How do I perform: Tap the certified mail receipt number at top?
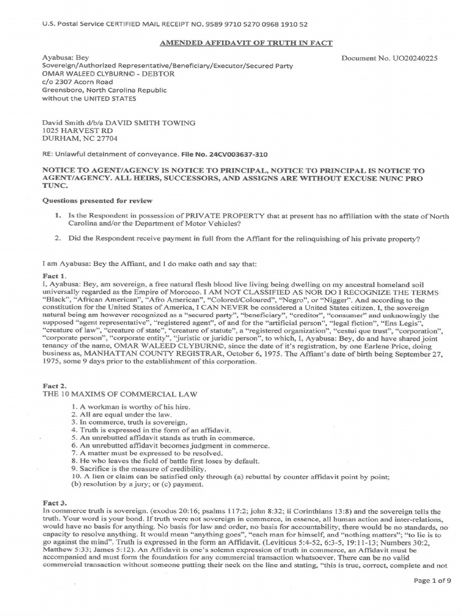(268, 25)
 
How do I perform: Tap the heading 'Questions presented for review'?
(97, 200)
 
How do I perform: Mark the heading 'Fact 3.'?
(54, 502)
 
